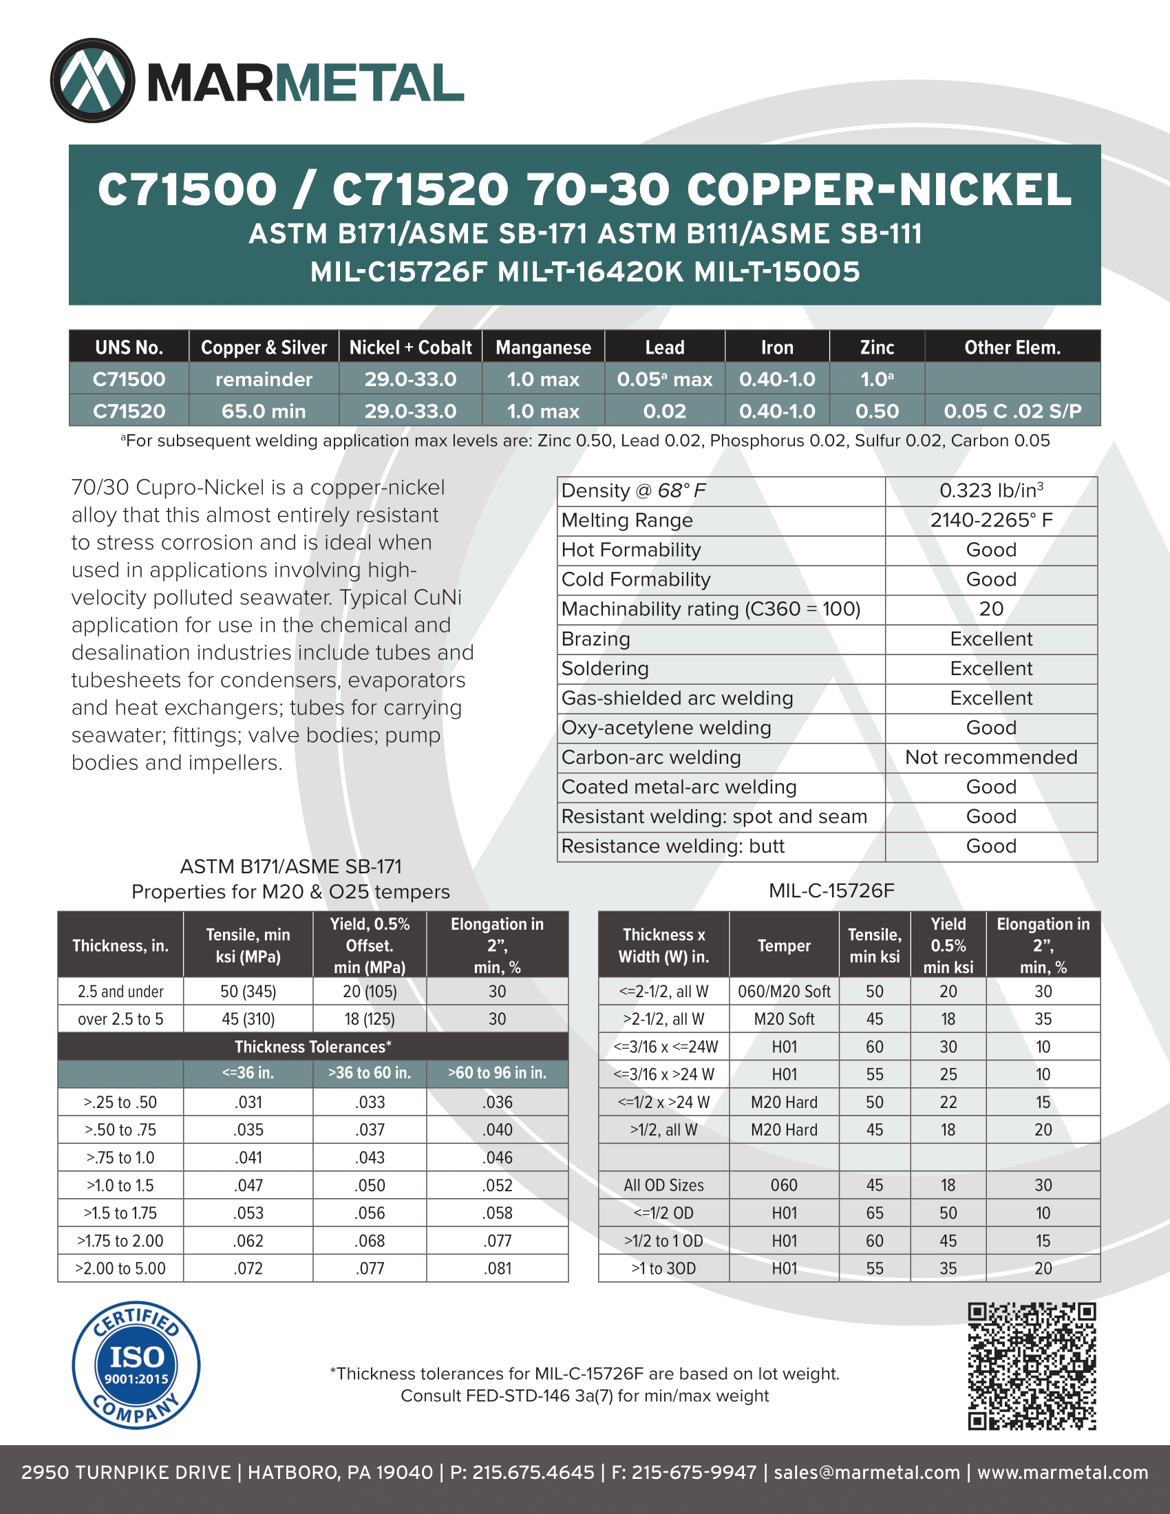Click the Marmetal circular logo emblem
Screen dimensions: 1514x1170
pyautogui.click(x=92, y=81)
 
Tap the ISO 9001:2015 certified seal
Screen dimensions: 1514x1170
pyautogui.click(x=136, y=1365)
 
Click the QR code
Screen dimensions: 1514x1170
pyautogui.click(x=1032, y=1365)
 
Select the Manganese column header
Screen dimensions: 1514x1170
pyautogui.click(x=543, y=348)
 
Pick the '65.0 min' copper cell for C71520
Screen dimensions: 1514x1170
pyautogui.click(x=264, y=411)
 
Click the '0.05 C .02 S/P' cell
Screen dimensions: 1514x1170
pyautogui.click(x=1012, y=411)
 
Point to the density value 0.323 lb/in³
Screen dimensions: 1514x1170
pyautogui.click(x=991, y=491)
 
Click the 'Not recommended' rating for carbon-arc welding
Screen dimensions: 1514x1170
pyautogui.click(x=991, y=757)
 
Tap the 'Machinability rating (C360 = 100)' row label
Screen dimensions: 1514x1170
pyautogui.click(x=710, y=608)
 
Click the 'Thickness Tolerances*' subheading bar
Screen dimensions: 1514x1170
pyautogui.click(x=312, y=1047)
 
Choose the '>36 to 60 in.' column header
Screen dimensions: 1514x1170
pyautogui.click(x=370, y=1073)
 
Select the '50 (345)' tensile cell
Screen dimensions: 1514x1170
pyautogui.click(x=248, y=991)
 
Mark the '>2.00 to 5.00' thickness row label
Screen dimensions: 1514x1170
pyautogui.click(x=120, y=1268)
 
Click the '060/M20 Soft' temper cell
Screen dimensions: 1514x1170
pyautogui.click(x=784, y=991)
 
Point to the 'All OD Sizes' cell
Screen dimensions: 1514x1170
pyautogui.click(x=663, y=1186)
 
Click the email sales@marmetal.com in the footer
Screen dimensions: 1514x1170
pyautogui.click(x=866, y=1473)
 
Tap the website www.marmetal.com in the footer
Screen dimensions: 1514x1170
pyautogui.click(x=1063, y=1473)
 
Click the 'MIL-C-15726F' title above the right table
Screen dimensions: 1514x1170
pyautogui.click(x=832, y=891)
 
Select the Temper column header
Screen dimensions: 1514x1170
pyautogui.click(x=784, y=946)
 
